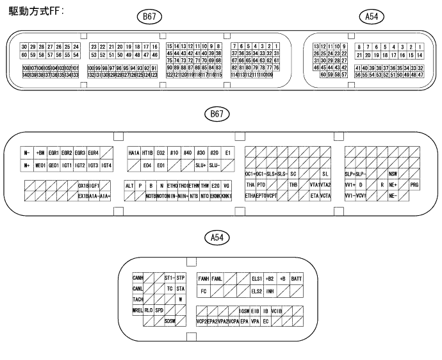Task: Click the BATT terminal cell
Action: pos(297,279)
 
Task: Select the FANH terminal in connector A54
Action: pos(204,279)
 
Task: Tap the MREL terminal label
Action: pos(137,310)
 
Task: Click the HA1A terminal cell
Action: pos(134,153)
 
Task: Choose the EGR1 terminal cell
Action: pos(53,153)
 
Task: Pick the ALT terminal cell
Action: pos(129,184)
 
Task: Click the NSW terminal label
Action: pos(392,174)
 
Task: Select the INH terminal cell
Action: pos(270,291)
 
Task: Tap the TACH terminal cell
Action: pos(137,299)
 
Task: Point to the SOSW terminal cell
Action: pos(169,320)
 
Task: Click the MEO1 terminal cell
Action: pos(40,165)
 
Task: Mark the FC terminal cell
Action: pos(204,291)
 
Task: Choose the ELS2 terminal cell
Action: pos(256,291)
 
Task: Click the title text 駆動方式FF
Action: pos(35,12)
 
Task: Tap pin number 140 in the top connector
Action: pos(26,75)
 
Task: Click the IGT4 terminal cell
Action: pos(106,165)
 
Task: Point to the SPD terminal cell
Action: pos(159,310)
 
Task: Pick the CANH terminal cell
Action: pos(137,279)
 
